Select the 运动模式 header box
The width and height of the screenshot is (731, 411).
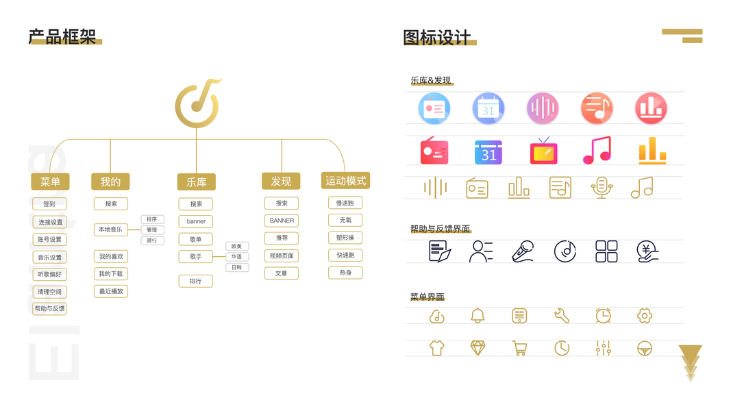[x=346, y=181]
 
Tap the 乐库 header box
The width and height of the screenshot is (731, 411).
[x=197, y=182]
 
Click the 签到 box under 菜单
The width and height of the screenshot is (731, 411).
[x=49, y=204]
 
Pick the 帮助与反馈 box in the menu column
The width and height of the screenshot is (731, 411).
[x=50, y=309]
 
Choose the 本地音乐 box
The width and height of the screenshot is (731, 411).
[x=111, y=229]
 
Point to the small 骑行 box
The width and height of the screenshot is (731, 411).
[x=152, y=240]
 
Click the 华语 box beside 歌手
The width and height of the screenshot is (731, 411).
[x=236, y=257]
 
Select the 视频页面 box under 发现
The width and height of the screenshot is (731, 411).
[x=282, y=256]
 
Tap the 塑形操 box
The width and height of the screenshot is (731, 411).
[x=345, y=238]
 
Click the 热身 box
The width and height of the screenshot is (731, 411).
[x=345, y=273]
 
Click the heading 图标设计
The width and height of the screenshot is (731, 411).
[x=437, y=37]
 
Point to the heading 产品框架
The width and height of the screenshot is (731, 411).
[x=62, y=37]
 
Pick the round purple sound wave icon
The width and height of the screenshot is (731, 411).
[x=543, y=108]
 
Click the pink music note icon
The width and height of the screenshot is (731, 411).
[x=597, y=150]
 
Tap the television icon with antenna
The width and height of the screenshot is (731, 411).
[x=543, y=150]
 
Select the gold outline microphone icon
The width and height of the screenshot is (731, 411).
[x=601, y=188]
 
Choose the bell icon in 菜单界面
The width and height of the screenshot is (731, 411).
[x=478, y=316]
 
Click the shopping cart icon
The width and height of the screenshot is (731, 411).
[x=519, y=348]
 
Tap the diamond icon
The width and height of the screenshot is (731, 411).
[x=478, y=348]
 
